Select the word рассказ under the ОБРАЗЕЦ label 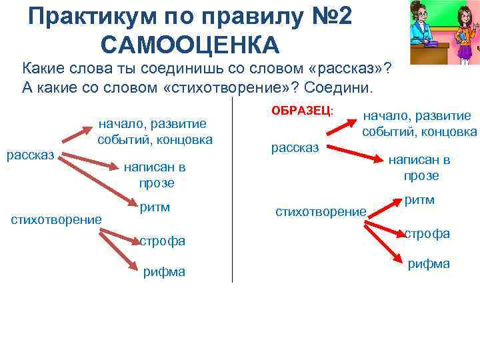[295, 147]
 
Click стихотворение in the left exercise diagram [57, 218]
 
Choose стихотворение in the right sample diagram [321, 212]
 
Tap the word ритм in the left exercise [155, 207]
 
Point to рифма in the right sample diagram [429, 263]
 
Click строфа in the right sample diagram [427, 233]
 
